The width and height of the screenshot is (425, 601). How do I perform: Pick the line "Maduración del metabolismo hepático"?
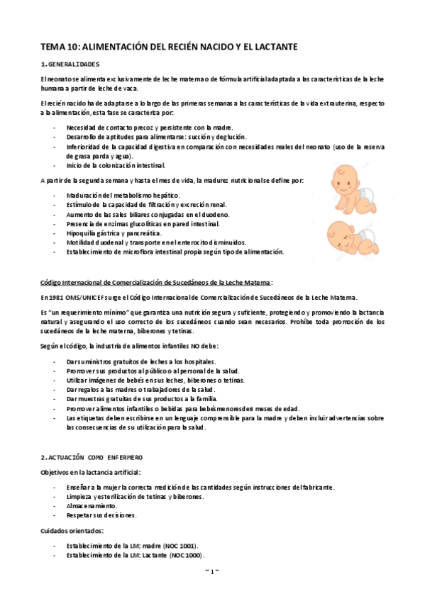pos(123,195)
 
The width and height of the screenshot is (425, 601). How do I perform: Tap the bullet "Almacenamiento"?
pos(92,506)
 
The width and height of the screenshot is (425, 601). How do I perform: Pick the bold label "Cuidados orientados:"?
pos(73,530)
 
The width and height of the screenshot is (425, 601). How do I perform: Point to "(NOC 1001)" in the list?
pos(181,546)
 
